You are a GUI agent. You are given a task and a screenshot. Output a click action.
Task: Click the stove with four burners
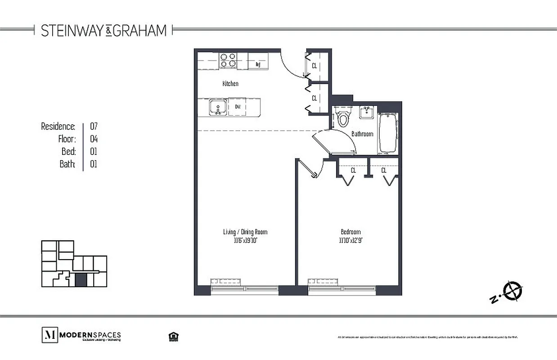pyautogui.click(x=228, y=60)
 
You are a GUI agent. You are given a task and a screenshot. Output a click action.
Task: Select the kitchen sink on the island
pyautogui.click(x=218, y=108)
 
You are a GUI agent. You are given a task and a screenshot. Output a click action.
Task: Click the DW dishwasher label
pyautogui.click(x=237, y=107)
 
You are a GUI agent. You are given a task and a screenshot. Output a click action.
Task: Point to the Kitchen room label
pyautogui.click(x=230, y=84)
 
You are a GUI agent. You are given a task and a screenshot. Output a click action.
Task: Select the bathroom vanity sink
pyautogui.click(x=368, y=112)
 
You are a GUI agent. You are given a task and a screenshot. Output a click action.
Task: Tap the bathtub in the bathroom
pyautogui.click(x=388, y=133)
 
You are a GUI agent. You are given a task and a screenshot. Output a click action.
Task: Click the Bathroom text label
pyautogui.click(x=362, y=134)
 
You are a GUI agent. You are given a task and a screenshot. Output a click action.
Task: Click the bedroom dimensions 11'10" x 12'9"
pyautogui.click(x=351, y=240)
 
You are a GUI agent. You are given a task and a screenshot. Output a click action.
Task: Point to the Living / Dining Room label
pyautogui.click(x=245, y=232)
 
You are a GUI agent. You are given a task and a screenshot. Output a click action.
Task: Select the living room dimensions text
pyautogui.click(x=245, y=240)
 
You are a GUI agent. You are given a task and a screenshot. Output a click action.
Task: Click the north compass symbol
pyautogui.click(x=513, y=290)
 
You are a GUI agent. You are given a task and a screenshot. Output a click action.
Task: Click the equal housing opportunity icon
pyautogui.click(x=172, y=337)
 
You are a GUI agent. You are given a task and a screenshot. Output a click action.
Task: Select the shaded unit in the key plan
pyautogui.click(x=81, y=280)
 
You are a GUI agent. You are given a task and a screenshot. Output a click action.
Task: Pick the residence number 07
pyautogui.click(x=94, y=126)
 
